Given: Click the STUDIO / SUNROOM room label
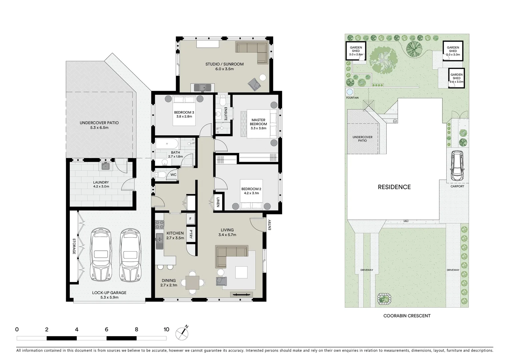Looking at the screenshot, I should click(x=224, y=64).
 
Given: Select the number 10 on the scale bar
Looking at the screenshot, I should click(x=166, y=330).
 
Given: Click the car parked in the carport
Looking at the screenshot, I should click(x=457, y=166).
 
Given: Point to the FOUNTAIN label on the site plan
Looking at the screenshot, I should click(x=352, y=98).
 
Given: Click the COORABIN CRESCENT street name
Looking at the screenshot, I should click(x=407, y=316).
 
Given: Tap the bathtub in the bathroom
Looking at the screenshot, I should click(x=167, y=145).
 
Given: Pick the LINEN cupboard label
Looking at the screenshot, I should click(x=218, y=202).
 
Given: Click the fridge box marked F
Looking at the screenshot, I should click(x=190, y=219).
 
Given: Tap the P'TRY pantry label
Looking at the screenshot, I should click(x=190, y=234).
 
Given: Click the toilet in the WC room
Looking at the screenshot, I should click(x=161, y=175).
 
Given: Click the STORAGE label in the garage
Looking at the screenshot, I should click(x=74, y=246).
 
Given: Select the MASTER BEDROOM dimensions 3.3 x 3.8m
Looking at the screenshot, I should click(x=259, y=128).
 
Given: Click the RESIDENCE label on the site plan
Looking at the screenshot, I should click(x=394, y=187).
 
